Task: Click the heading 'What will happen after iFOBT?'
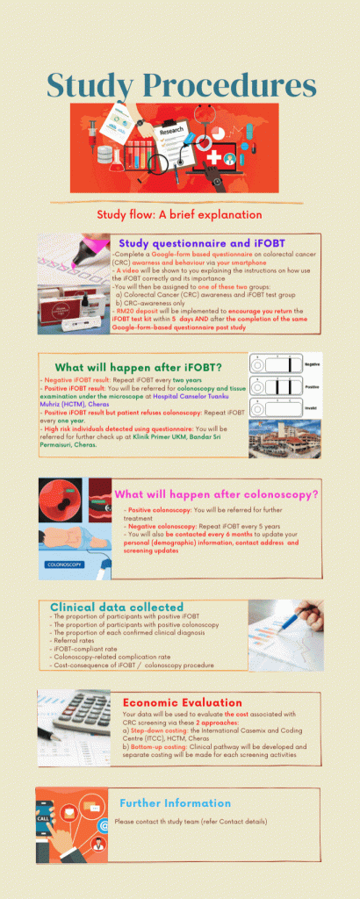pyautogui.click(x=140, y=367)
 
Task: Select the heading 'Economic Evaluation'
pyautogui.click(x=183, y=702)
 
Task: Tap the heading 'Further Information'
pyautogui.click(x=175, y=802)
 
